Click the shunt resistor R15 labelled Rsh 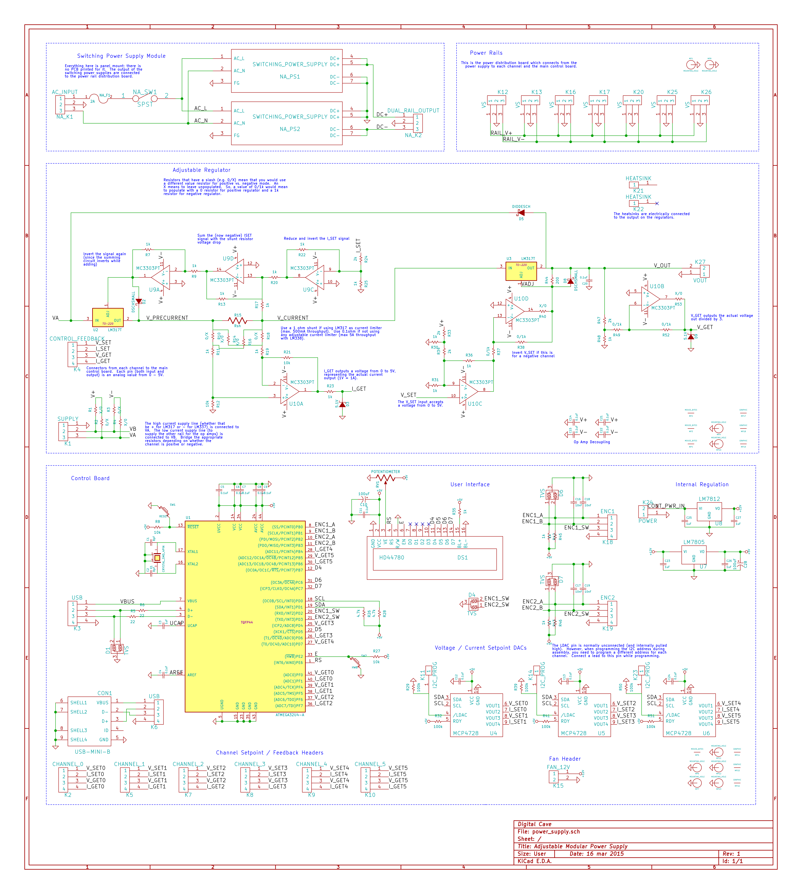[238, 321]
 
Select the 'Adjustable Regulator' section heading [201, 170]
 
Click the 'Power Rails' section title [486, 53]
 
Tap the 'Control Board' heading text [90, 478]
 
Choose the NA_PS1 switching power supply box [287, 70]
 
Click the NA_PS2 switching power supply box [287, 123]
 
